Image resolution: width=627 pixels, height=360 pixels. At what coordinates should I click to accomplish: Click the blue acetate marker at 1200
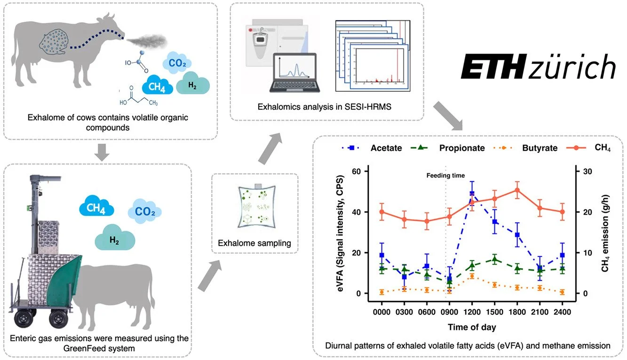point(472,194)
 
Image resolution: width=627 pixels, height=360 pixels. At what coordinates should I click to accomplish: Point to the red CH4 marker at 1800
point(517,190)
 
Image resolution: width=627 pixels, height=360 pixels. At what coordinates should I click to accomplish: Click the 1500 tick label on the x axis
point(494,312)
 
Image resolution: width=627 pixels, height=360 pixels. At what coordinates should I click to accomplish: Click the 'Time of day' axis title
point(472,327)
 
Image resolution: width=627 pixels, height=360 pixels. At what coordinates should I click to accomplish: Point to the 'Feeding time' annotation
point(445,176)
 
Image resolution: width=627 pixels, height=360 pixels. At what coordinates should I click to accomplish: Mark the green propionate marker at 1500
point(494,260)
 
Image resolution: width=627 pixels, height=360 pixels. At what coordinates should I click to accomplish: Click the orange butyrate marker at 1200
point(472,277)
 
